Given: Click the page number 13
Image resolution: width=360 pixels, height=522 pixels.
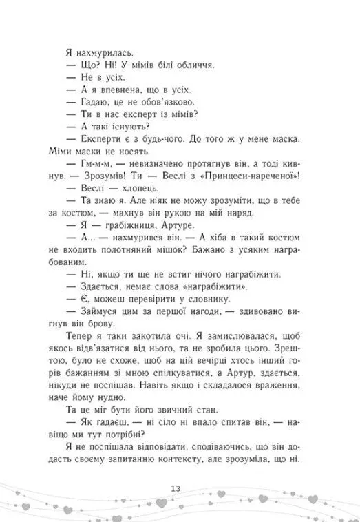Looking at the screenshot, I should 181,489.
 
